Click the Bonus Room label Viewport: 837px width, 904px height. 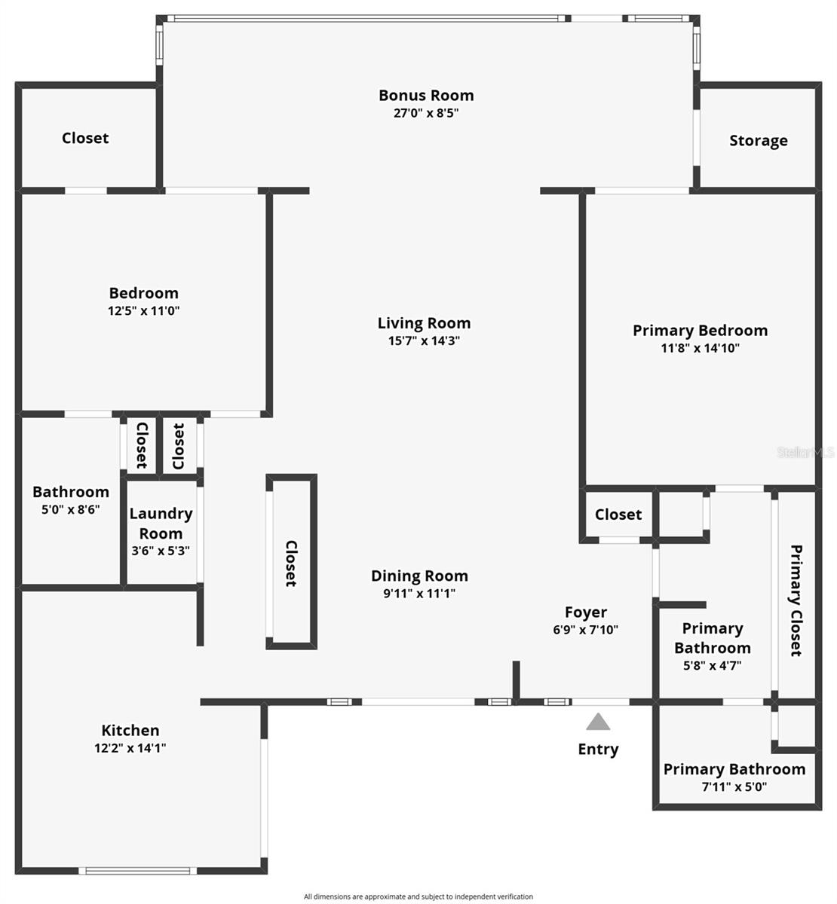(x=426, y=96)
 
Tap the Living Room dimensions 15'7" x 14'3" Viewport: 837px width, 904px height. (x=424, y=341)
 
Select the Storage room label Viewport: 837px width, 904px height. (x=758, y=141)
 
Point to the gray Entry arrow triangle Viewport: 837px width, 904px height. (x=598, y=722)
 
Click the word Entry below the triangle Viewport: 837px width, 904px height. (x=598, y=750)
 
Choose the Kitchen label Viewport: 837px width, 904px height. (x=130, y=731)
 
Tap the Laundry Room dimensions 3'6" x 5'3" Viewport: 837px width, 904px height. (x=161, y=551)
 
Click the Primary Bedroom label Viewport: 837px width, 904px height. (x=700, y=331)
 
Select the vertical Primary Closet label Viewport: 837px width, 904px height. (x=796, y=600)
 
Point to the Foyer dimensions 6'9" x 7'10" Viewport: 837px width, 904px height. (x=586, y=630)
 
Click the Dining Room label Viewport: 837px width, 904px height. (x=419, y=576)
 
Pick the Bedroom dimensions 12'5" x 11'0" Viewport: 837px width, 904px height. (x=143, y=310)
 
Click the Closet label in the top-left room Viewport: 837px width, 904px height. (x=85, y=139)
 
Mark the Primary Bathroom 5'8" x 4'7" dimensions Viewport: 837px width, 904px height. (x=712, y=665)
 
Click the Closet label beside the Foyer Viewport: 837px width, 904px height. (x=618, y=515)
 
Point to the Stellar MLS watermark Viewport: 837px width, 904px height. (x=805, y=453)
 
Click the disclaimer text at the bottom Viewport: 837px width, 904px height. (x=418, y=896)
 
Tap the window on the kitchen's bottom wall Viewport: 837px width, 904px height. (x=137, y=871)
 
